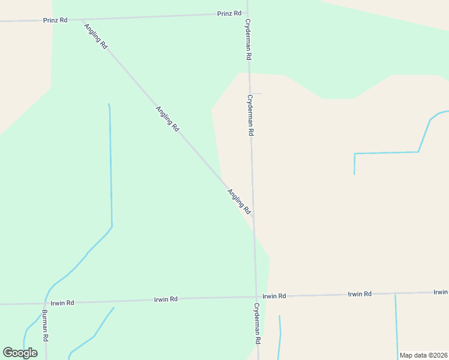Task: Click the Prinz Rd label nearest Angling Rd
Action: pos(55,20)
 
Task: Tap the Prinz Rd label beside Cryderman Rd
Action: pos(229,13)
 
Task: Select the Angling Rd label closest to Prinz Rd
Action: pos(96,36)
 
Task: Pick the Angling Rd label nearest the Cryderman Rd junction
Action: pos(239,202)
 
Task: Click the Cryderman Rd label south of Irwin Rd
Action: pos(257,323)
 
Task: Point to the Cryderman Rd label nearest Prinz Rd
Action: pos(247,39)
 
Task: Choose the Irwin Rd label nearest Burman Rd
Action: pos(62,303)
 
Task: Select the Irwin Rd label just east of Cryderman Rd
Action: pos(274,296)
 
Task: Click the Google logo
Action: pos(20,353)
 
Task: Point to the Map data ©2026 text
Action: pos(423,355)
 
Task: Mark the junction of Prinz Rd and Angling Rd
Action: pos(82,20)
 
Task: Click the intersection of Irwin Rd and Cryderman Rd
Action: pos(256,296)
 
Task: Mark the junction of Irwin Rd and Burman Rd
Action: pos(45,303)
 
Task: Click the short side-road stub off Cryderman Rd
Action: pos(256,93)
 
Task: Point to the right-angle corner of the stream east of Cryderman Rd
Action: pos(355,154)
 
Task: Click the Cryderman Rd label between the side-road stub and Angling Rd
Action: pos(251,115)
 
